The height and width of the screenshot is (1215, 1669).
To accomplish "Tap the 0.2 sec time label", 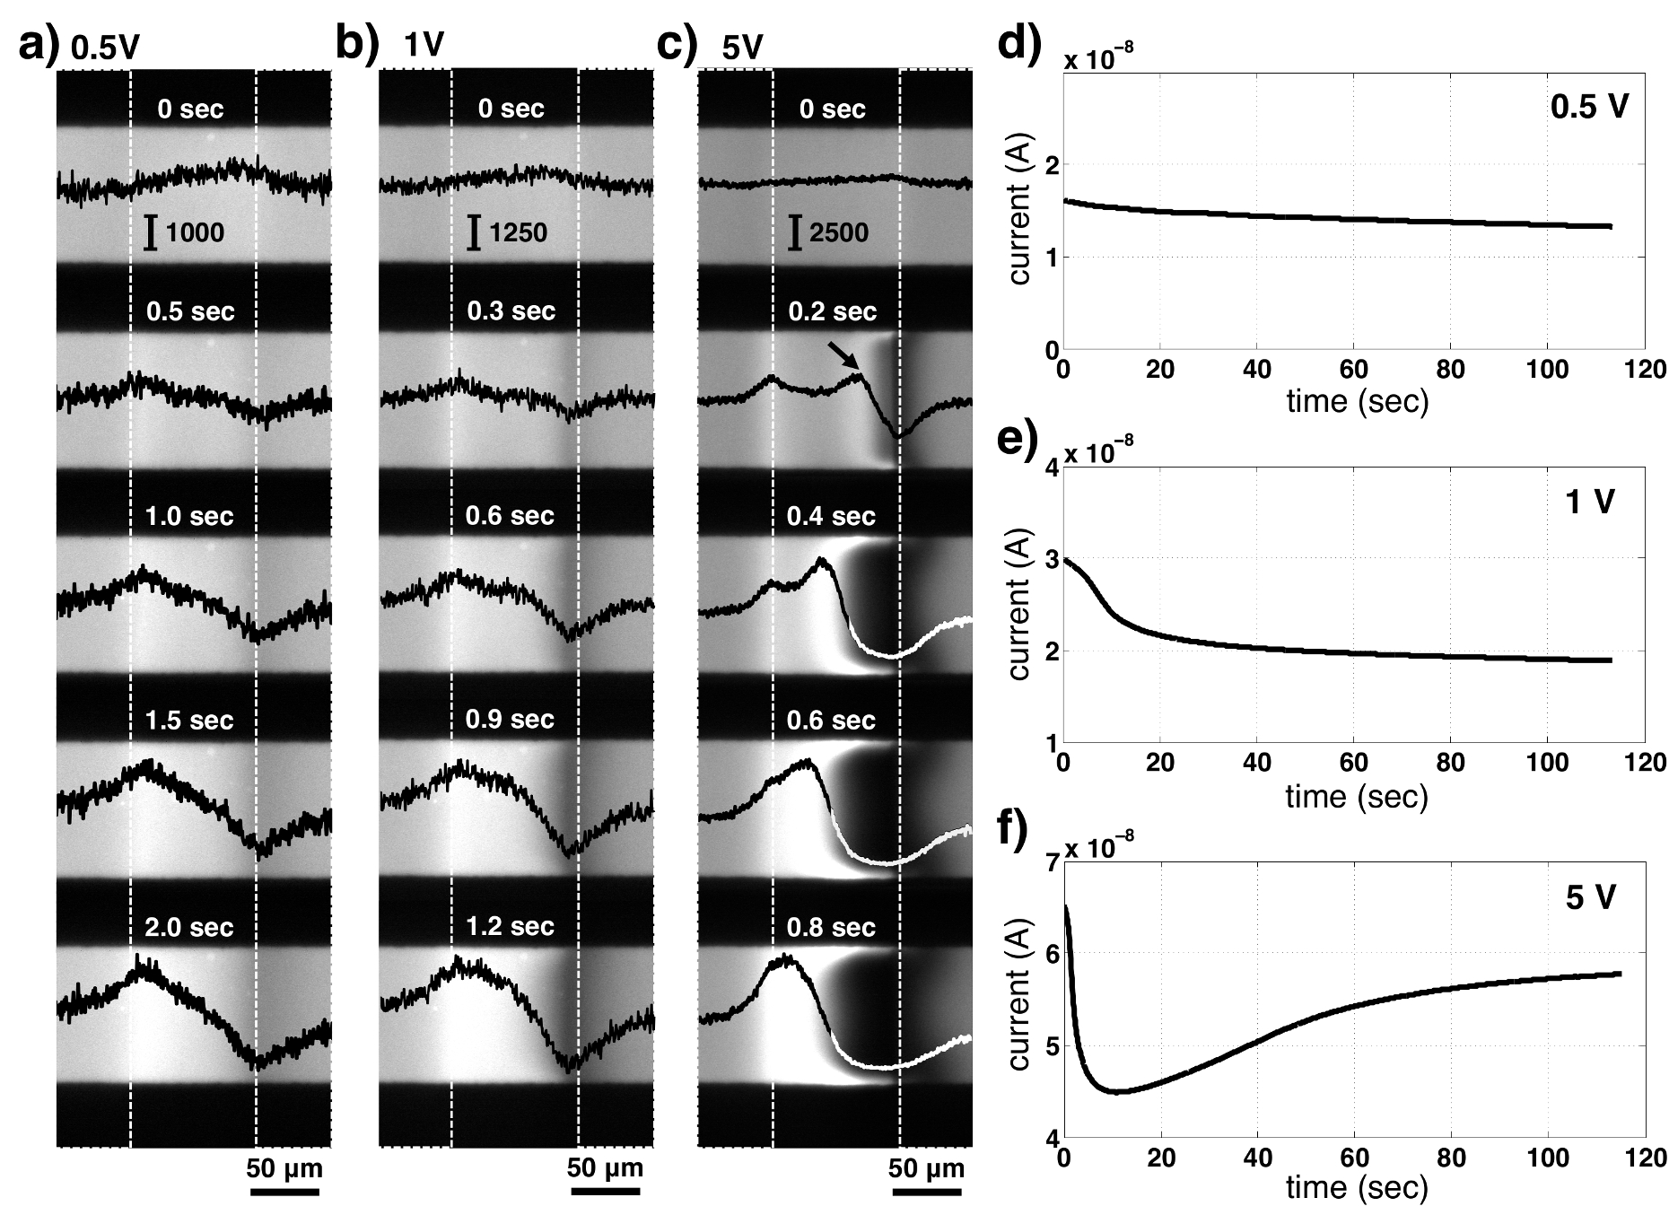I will coord(832,311).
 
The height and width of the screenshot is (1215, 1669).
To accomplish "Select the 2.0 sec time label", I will coord(189,926).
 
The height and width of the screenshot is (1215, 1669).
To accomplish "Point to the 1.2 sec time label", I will coord(511,926).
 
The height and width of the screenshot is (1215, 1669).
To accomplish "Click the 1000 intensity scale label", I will coord(196,233).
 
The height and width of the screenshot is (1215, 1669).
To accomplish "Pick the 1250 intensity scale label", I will coord(518,233).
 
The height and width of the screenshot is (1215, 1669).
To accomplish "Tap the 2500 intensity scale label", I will coord(839,233).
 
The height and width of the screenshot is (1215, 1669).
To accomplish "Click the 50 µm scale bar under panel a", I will coord(284,1193).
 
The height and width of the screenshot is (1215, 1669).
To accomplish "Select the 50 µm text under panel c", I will coord(927,1169).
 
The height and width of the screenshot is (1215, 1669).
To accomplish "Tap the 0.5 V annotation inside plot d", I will coord(1589,108).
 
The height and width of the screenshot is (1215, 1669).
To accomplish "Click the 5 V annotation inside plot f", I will coord(1590,898).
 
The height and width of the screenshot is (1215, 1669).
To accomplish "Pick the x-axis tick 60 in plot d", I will coord(1353,370).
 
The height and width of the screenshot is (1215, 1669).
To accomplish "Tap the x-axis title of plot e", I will coord(1356,796).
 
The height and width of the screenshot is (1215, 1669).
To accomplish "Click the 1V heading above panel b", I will coord(423,45).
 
